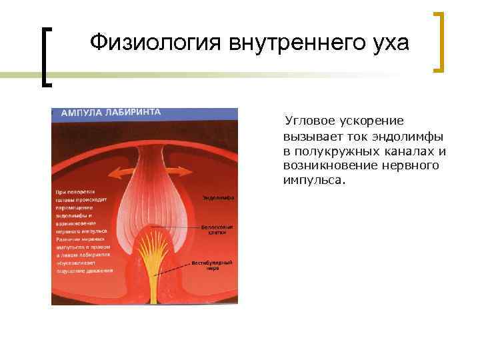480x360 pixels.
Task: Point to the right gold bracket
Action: coord(440,41)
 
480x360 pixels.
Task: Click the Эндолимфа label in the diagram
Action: coord(218,198)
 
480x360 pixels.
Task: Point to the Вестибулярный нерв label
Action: coord(213,265)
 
